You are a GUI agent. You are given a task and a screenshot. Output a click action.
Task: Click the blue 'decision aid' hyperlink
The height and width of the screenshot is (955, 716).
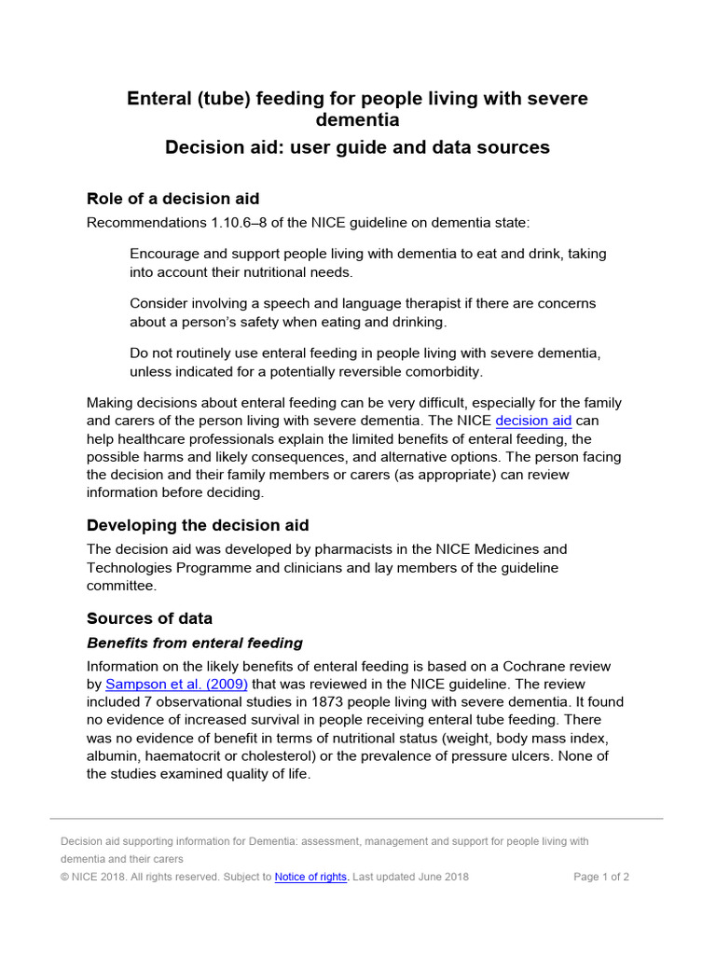[x=533, y=421]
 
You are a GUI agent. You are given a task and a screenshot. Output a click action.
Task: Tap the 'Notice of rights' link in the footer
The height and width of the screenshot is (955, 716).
[x=311, y=877]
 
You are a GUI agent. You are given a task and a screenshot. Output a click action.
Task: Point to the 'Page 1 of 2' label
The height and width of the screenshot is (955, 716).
[x=601, y=877]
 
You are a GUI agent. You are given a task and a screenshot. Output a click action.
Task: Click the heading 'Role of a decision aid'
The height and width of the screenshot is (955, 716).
[x=172, y=198]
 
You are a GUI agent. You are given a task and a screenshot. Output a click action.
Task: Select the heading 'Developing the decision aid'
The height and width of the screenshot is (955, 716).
[x=198, y=524]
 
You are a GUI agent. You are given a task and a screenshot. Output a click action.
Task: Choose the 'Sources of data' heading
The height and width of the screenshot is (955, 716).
[x=149, y=618]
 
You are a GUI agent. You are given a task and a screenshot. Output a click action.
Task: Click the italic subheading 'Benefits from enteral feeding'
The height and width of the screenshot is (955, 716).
[x=194, y=643]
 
